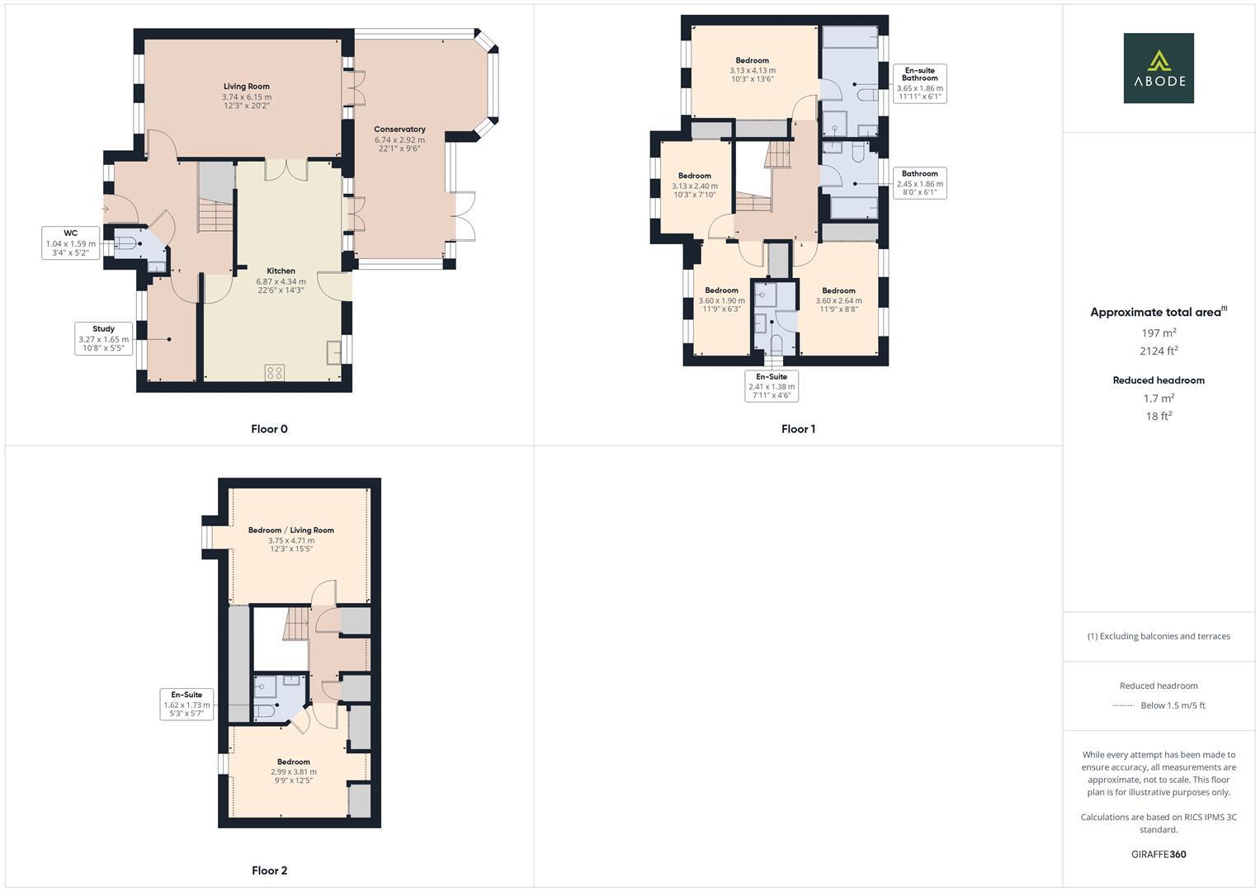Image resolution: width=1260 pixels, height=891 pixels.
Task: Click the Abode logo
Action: pyautogui.click(x=1158, y=68)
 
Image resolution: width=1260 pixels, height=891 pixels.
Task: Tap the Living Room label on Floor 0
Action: pyautogui.click(x=246, y=87)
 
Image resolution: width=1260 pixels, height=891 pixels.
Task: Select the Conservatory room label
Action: pyautogui.click(x=399, y=130)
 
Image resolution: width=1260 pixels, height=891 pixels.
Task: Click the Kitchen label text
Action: pyautogui.click(x=281, y=271)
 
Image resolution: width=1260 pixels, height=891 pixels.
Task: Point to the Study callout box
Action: pyautogui.click(x=103, y=339)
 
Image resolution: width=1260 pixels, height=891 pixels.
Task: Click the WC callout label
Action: pyautogui.click(x=70, y=243)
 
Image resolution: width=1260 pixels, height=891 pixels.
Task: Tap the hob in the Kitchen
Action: pyautogui.click(x=275, y=372)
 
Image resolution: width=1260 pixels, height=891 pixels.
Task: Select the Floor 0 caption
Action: pyautogui.click(x=269, y=429)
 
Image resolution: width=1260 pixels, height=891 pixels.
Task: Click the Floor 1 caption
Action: pyautogui.click(x=798, y=429)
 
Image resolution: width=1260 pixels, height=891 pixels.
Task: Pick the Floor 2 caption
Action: pyautogui.click(x=269, y=870)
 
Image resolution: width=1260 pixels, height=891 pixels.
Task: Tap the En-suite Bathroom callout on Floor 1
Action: pyautogui.click(x=919, y=83)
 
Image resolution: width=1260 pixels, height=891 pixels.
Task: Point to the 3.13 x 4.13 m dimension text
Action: pyautogui.click(x=752, y=70)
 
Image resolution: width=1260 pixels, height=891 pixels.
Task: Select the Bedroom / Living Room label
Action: pyautogui.click(x=290, y=530)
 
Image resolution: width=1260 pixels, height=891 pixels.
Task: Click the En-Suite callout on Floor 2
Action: pyautogui.click(x=186, y=705)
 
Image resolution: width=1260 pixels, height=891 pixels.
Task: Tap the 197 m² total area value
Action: pyautogui.click(x=1158, y=333)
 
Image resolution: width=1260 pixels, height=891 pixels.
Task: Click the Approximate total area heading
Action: pyautogui.click(x=1158, y=312)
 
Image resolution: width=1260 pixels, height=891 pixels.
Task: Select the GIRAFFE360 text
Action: pyautogui.click(x=1158, y=855)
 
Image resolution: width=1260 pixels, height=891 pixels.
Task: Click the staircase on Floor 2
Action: pyautogui.click(x=295, y=625)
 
